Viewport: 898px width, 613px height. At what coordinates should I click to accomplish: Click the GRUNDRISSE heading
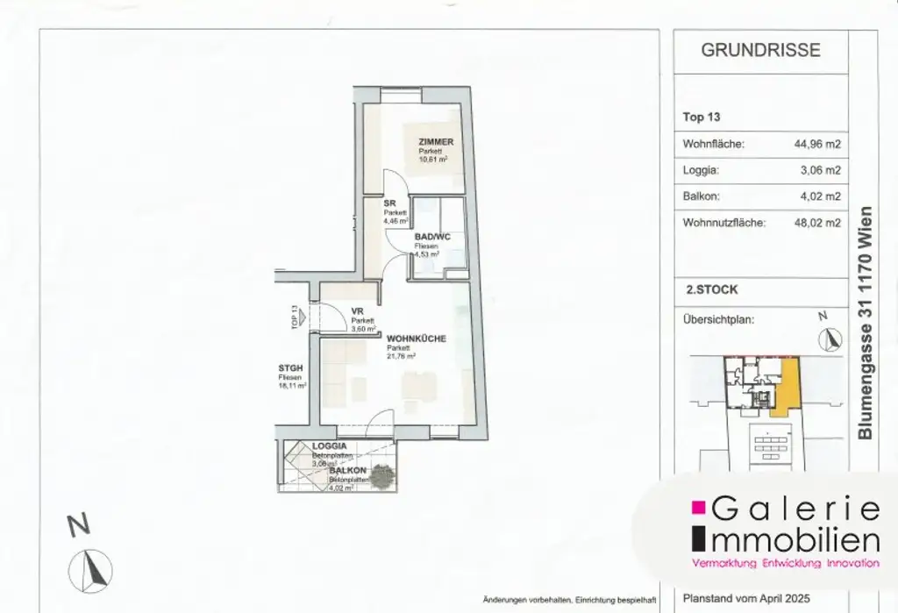tap(760, 51)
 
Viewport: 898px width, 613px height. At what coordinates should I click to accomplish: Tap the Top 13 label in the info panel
tap(701, 117)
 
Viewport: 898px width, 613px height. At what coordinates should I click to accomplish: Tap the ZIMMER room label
tap(435, 141)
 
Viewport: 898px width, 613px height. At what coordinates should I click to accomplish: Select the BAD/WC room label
tap(431, 237)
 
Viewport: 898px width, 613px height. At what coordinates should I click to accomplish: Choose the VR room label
tap(357, 310)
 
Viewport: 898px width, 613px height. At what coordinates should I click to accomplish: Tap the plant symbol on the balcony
tap(381, 477)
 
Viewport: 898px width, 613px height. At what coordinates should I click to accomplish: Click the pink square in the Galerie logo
tap(699, 507)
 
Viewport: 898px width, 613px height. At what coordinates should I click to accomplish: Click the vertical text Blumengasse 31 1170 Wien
tap(866, 323)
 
